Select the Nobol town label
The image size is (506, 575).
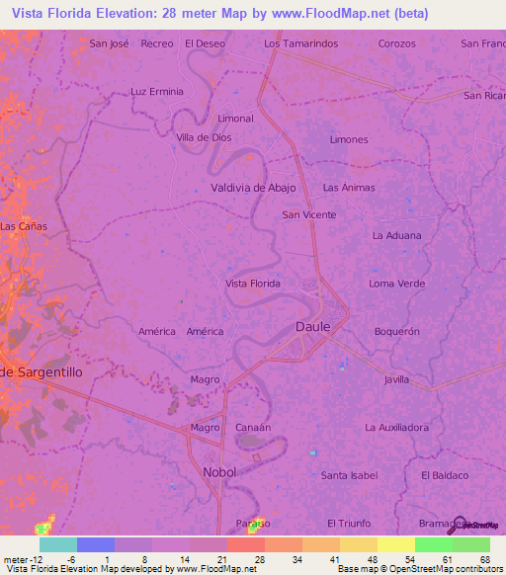point(219,472)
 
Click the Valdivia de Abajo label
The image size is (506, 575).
point(253,187)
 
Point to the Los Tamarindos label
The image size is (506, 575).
point(301,43)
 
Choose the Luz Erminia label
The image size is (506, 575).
point(157,91)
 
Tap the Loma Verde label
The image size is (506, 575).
point(397,284)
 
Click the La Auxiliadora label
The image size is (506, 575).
point(396,428)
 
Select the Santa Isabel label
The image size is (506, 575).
point(349,475)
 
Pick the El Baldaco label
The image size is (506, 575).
point(444,475)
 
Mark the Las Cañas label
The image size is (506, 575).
point(24,226)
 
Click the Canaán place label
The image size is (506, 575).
point(253,427)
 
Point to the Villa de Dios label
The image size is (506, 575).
point(204,138)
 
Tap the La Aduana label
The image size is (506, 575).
point(396,235)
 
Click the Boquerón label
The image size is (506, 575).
point(396,331)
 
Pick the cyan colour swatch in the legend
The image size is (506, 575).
point(57,544)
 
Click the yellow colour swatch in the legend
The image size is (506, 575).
point(395,544)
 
